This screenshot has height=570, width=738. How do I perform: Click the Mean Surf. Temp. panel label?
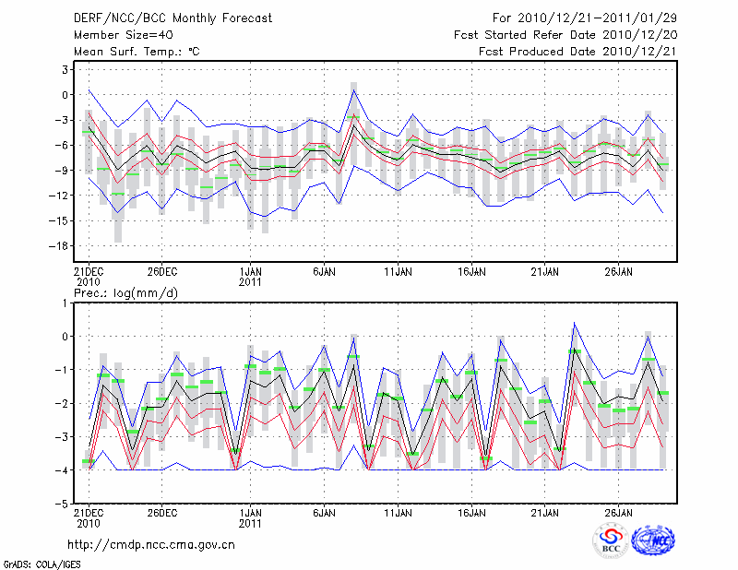point(137,52)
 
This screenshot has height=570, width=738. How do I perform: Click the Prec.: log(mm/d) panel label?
point(123,292)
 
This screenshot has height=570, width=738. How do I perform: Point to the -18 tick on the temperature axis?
point(62,245)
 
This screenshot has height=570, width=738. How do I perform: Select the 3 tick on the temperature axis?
point(65,69)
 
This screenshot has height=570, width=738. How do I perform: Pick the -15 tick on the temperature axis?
point(62,220)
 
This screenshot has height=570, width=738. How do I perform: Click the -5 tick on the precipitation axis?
point(62,504)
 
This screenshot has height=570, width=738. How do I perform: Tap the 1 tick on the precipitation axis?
point(65,303)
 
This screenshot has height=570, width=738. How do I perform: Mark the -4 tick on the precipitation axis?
point(62,470)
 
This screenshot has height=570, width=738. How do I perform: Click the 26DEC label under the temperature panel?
point(161,271)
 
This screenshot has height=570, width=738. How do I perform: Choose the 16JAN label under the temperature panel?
point(471,271)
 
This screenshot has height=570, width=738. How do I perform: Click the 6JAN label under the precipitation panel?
point(324,511)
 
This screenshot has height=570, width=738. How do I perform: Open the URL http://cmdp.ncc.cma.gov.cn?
point(152,544)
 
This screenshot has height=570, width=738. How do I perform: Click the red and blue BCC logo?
point(610,541)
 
